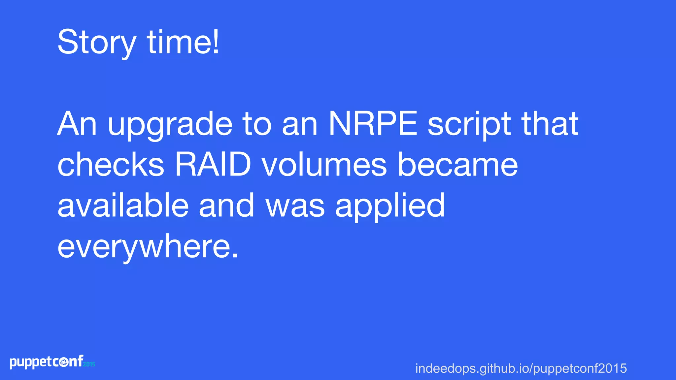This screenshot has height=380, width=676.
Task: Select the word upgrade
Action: [x=170, y=125]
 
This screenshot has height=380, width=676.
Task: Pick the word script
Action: [x=469, y=125]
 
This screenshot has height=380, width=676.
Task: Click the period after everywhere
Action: [x=235, y=256]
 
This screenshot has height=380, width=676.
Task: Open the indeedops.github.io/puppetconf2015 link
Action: [x=521, y=368]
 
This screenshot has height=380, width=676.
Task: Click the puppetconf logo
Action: [x=47, y=362]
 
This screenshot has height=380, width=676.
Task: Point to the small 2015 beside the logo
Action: [x=89, y=364]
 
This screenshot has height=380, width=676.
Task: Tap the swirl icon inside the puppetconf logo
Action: [x=64, y=363]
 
